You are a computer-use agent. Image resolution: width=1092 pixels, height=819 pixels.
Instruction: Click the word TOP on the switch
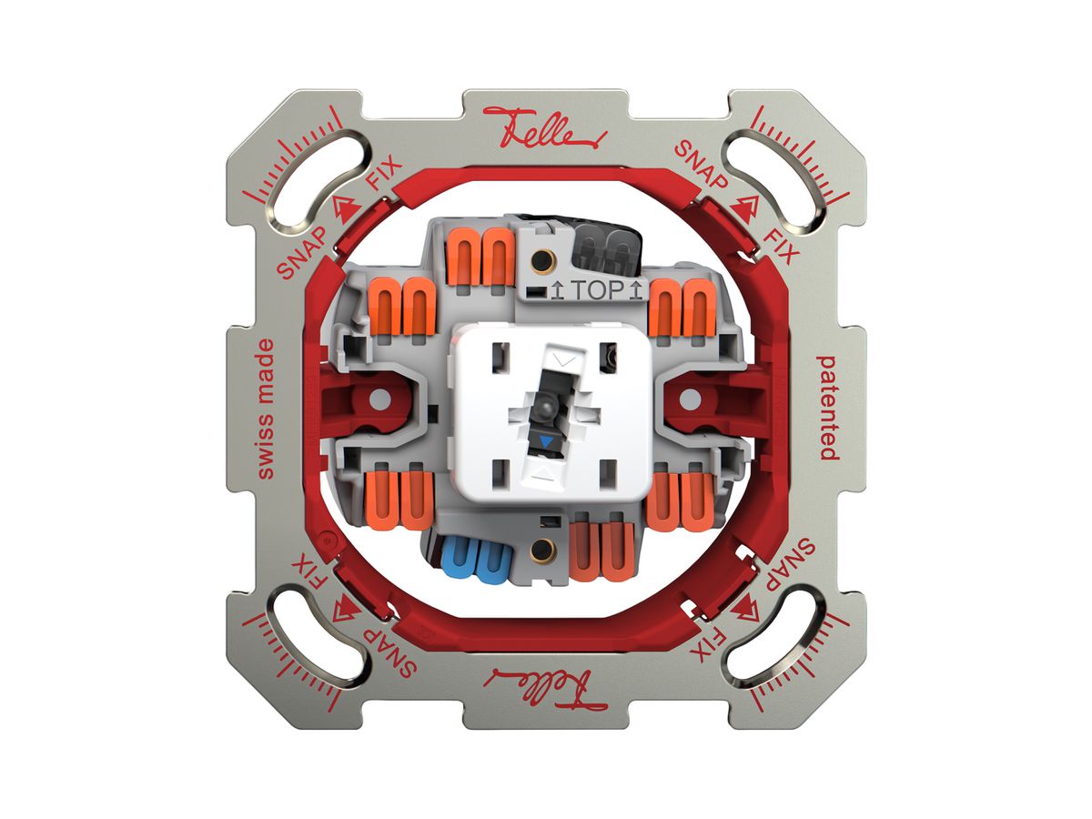click(596, 290)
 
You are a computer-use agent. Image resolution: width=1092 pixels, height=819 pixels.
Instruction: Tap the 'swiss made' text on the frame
click(266, 409)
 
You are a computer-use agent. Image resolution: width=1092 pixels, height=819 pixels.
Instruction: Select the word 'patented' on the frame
click(827, 408)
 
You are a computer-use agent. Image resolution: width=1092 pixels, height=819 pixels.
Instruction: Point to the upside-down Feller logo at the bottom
click(545, 689)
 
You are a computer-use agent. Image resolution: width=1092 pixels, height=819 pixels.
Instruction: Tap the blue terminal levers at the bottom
click(476, 561)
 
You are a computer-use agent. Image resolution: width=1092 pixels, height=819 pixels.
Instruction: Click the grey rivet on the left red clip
click(379, 399)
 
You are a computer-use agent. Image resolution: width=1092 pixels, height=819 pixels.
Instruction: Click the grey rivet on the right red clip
click(690, 399)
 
